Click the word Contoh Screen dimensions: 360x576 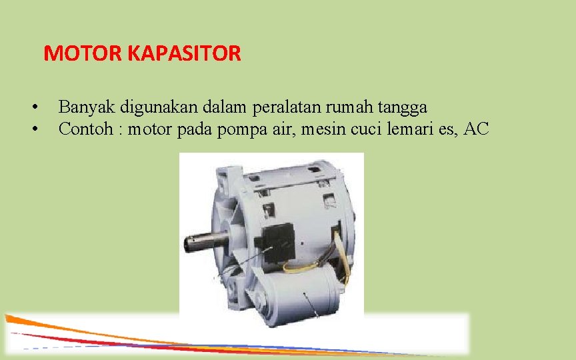pyautogui.click(x=84, y=129)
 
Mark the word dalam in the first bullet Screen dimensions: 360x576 pyautogui.click(x=226, y=107)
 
